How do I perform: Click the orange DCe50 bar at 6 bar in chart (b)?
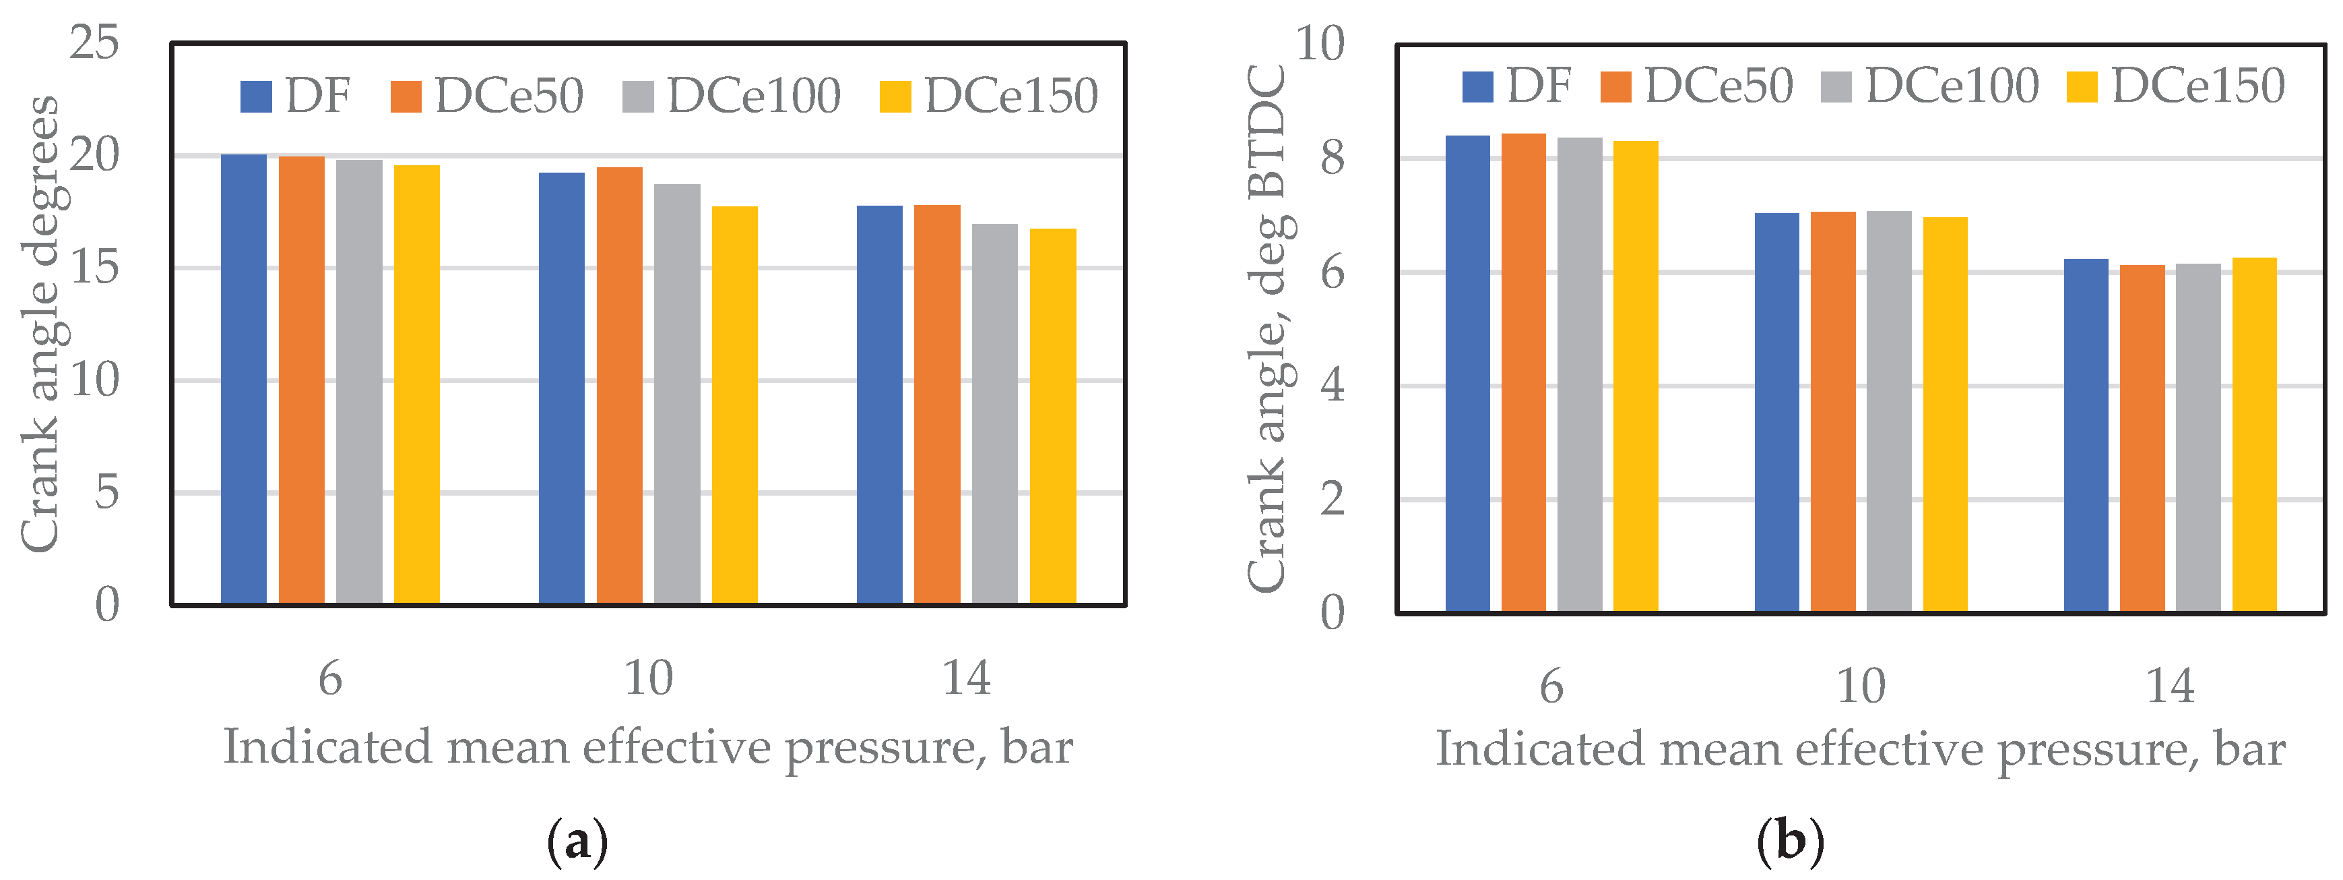click(1524, 373)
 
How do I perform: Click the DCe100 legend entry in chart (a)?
click(732, 96)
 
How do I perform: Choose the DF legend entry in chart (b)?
click(1516, 86)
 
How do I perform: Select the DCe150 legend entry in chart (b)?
click(2176, 86)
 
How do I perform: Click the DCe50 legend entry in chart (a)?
click(488, 96)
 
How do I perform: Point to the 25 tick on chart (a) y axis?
click(94, 42)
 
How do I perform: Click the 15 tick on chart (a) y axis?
click(94, 268)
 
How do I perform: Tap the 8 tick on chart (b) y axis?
click(1332, 158)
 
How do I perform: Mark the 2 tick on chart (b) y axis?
click(1332, 500)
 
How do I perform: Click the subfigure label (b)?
click(1790, 840)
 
